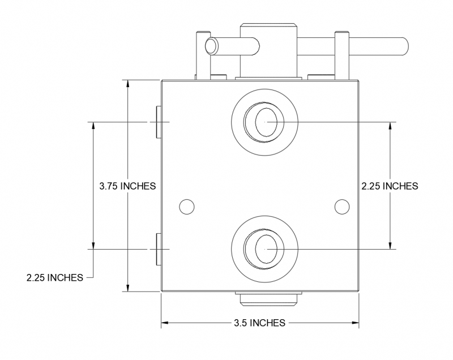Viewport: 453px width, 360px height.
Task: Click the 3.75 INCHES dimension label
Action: [127, 186]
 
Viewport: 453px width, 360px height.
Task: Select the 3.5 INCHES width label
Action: [259, 323]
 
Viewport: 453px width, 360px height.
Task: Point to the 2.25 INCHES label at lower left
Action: [54, 277]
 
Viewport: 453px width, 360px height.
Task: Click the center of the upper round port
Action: [264, 122]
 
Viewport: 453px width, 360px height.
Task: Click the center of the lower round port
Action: [264, 248]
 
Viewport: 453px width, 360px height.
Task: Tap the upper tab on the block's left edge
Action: [158, 122]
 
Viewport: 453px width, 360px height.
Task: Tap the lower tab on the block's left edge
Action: [158, 248]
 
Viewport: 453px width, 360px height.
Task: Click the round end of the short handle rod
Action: [212, 45]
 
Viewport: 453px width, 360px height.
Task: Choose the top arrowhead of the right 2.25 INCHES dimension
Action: [390, 126]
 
